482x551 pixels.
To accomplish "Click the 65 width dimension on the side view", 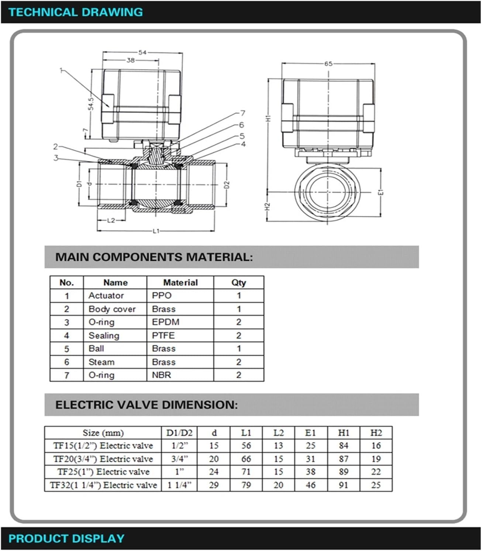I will click(x=328, y=64).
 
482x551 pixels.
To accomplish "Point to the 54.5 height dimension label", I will click(x=91, y=103).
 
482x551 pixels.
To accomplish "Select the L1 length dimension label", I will click(x=156, y=231).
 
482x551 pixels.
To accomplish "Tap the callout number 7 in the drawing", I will click(x=242, y=113).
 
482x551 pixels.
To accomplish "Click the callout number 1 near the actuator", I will click(x=62, y=70).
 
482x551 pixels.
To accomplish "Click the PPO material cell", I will click(x=162, y=296).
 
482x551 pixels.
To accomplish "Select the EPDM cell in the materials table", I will click(x=165, y=322).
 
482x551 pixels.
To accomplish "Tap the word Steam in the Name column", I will click(x=101, y=362).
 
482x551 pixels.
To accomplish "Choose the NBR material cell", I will click(x=161, y=375).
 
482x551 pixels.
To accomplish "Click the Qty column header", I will click(x=238, y=283).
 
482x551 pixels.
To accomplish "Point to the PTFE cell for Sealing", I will click(x=163, y=335).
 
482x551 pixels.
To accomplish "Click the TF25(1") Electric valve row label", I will click(x=103, y=472).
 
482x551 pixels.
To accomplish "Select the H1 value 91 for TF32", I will click(x=343, y=485).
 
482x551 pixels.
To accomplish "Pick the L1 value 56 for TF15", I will click(x=246, y=446).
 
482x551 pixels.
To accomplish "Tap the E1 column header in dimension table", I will click(x=310, y=433).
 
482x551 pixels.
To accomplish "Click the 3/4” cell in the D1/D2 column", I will click(x=179, y=459).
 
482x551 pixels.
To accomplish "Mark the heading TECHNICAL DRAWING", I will click(x=76, y=12).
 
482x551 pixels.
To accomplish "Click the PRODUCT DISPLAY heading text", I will click(x=66, y=539).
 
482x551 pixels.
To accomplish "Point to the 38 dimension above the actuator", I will click(x=131, y=60).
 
